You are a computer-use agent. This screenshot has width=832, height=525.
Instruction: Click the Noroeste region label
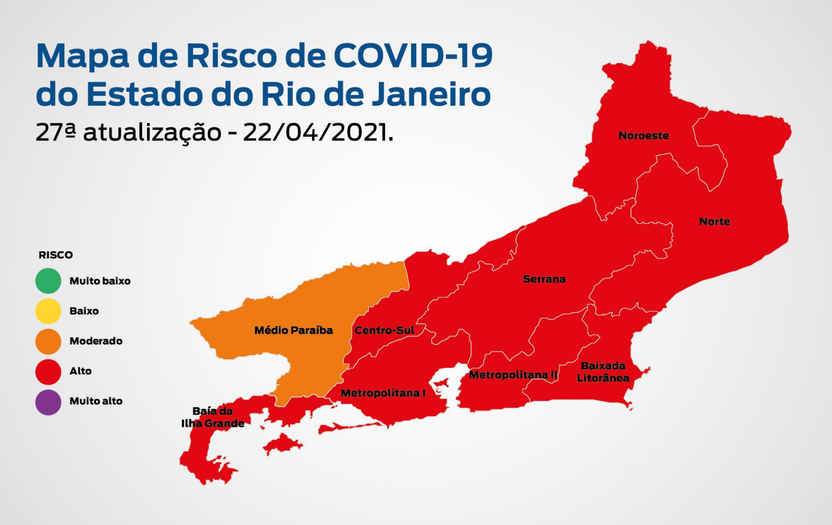point(643,136)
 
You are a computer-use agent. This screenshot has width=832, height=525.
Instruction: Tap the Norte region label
point(715,221)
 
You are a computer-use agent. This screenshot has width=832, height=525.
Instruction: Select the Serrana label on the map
point(544,279)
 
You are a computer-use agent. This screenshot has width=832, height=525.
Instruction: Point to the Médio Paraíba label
point(293,331)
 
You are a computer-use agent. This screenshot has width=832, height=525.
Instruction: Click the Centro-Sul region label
point(384,331)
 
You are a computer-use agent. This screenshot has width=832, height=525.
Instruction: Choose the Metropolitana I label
point(383,393)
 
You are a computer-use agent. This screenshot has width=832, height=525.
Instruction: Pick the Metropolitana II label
point(513,375)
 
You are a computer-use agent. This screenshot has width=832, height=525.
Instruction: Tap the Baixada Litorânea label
point(603,372)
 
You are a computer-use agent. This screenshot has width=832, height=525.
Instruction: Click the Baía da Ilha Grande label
point(213,417)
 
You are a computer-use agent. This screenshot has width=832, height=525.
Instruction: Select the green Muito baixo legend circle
point(48,281)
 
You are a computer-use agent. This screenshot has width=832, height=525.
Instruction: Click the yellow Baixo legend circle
point(48,311)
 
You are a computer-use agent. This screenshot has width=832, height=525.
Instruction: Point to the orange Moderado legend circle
point(48,341)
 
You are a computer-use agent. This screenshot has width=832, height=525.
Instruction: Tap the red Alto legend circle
point(48,371)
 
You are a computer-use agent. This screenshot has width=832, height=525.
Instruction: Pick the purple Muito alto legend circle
point(48,402)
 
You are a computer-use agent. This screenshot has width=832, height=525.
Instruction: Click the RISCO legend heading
point(56,255)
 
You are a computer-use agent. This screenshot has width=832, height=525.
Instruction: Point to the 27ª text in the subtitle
point(56,132)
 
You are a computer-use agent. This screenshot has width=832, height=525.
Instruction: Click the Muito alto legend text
point(96,401)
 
